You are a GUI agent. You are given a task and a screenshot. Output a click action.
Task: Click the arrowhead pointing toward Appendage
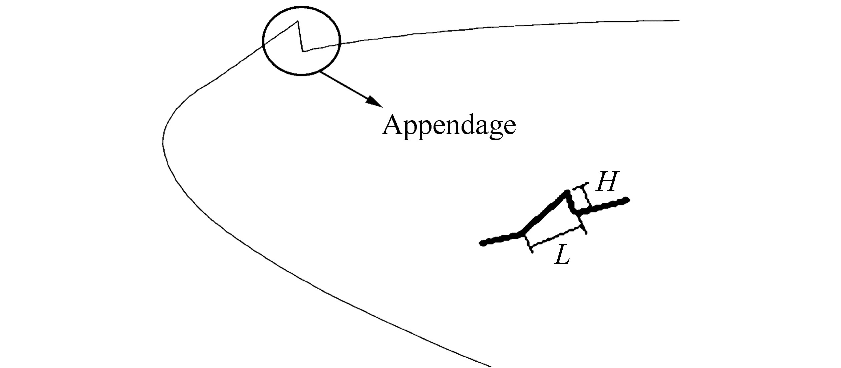(x=374, y=102)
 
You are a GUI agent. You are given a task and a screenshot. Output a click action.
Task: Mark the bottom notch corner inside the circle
(x=303, y=51)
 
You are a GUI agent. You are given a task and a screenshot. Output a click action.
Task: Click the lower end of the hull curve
(x=490, y=366)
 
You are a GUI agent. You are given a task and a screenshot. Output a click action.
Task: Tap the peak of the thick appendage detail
(x=567, y=192)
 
